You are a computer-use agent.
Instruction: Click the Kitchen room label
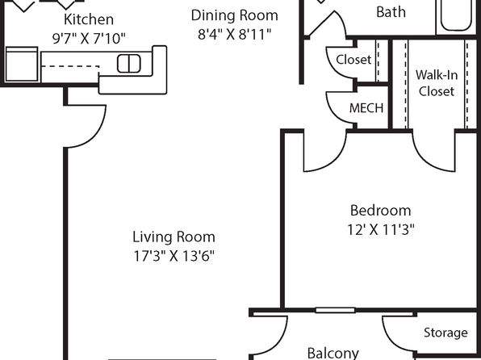(x=89, y=19)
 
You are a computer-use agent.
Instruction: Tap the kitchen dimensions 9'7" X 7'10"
(x=89, y=39)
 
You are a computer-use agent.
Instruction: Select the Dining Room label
(x=234, y=15)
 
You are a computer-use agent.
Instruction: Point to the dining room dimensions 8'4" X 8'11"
(x=235, y=35)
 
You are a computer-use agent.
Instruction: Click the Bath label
(x=391, y=12)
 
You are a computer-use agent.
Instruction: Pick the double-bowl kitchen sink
(x=129, y=64)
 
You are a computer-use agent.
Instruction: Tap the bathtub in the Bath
(x=456, y=15)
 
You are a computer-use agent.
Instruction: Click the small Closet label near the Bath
(x=353, y=60)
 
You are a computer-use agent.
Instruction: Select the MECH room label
(x=366, y=108)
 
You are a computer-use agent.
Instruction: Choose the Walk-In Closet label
(x=437, y=83)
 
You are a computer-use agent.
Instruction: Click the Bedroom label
(x=380, y=211)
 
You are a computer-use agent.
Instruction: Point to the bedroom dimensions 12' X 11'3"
(x=381, y=229)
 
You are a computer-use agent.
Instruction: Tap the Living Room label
(x=174, y=237)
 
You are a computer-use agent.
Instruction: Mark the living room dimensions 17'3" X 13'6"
(x=174, y=256)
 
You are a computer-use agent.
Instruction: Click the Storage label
(x=445, y=333)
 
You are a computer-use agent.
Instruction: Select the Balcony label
(x=333, y=353)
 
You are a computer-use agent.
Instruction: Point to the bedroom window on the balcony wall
(x=335, y=310)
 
